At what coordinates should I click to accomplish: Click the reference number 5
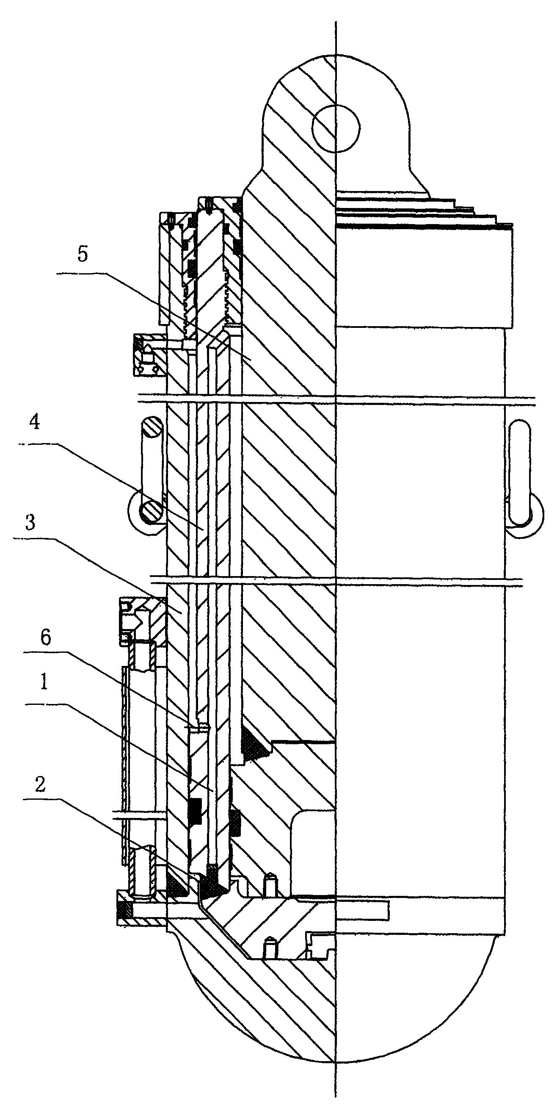click(83, 254)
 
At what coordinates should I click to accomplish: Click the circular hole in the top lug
click(336, 128)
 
